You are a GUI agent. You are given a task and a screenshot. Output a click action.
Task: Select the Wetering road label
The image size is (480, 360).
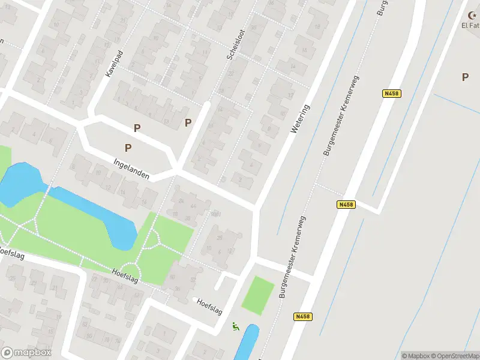[301, 119]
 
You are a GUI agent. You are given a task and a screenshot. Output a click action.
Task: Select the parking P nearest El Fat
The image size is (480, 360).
[465, 77]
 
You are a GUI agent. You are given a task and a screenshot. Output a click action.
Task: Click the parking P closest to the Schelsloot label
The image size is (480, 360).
[188, 122]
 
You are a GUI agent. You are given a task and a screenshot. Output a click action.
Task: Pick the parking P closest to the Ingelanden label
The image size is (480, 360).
[128, 148]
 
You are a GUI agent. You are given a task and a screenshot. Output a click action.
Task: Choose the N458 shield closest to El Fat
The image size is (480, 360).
[391, 93]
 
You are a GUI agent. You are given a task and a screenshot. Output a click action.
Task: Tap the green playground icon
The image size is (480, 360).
[236, 327]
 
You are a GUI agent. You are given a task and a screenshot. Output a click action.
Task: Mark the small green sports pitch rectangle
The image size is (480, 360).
[258, 295]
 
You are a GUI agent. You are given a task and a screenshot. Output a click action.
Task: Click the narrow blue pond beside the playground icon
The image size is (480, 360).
[248, 343]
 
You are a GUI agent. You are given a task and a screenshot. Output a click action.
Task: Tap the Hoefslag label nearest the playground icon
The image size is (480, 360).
[209, 306]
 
